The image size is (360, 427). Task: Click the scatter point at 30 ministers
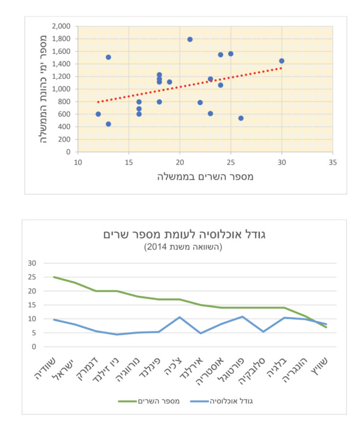(282, 61)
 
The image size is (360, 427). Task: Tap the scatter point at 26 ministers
(241, 118)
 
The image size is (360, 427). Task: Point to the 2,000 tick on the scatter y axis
(62, 26)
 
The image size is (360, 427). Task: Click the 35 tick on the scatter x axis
(333, 162)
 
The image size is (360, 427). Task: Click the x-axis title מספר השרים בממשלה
(205, 176)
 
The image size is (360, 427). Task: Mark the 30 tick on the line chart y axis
(32, 263)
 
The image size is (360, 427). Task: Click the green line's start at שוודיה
(54, 277)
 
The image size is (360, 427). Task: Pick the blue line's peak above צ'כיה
(179, 317)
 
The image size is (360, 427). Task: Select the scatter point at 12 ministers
(98, 114)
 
